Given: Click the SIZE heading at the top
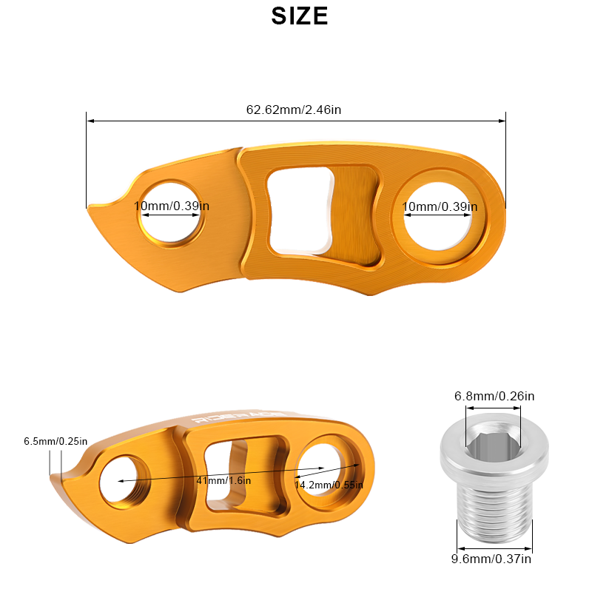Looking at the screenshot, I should pyautogui.click(x=300, y=16).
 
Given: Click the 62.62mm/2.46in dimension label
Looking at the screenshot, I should pyautogui.click(x=293, y=110).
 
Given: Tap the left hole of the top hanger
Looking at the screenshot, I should pyautogui.click(x=172, y=214).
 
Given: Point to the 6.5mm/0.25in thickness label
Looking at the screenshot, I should pyautogui.click(x=55, y=442).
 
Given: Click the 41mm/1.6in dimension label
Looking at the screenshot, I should pyautogui.click(x=223, y=480).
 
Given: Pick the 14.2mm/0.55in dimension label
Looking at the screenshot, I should pyautogui.click(x=329, y=485).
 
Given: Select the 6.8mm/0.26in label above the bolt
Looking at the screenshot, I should pyautogui.click(x=494, y=396).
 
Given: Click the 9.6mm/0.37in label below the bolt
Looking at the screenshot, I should pyautogui.click(x=492, y=559).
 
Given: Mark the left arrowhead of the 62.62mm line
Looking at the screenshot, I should pyautogui.click(x=88, y=121).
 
